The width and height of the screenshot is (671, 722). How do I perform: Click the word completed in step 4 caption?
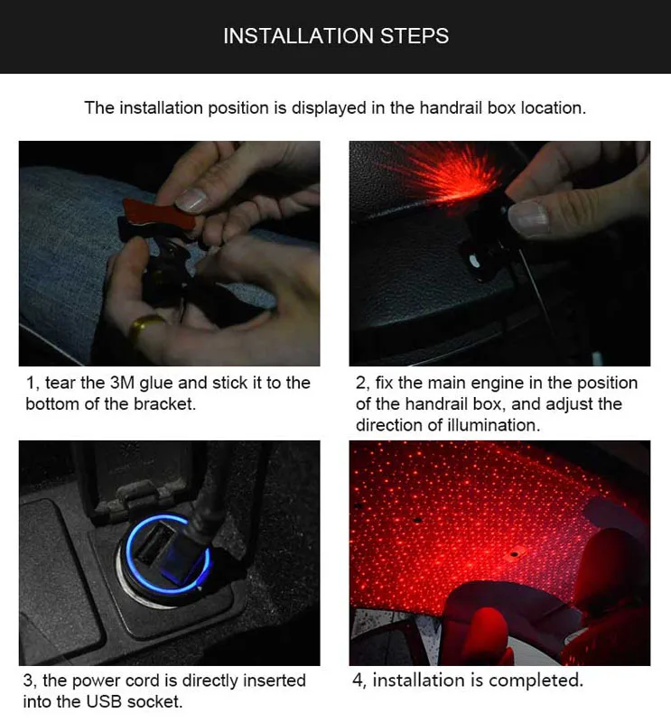pos(538,680)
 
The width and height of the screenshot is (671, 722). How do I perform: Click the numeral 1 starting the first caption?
pos(29,383)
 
